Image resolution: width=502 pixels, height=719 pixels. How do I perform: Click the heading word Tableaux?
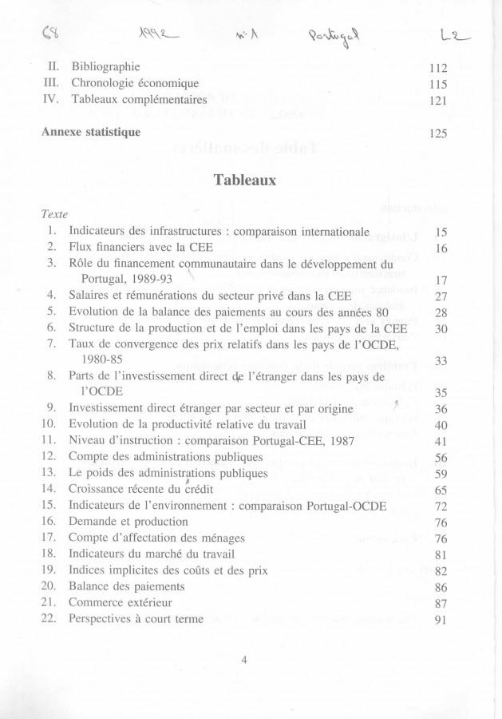click(x=245, y=181)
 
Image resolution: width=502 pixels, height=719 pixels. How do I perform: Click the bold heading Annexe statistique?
click(x=91, y=132)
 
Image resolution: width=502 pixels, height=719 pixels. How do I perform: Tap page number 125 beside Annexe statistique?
click(x=437, y=133)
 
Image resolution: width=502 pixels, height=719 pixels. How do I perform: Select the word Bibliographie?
click(x=106, y=66)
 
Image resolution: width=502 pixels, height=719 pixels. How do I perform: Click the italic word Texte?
click(x=54, y=215)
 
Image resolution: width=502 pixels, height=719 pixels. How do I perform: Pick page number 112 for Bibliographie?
click(x=437, y=68)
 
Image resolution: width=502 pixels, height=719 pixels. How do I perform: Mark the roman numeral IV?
click(x=49, y=100)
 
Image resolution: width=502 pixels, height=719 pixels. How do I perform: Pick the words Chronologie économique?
click(x=135, y=83)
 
